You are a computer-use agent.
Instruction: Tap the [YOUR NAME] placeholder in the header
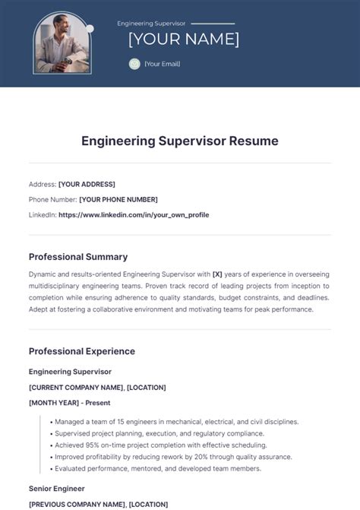coord(183,39)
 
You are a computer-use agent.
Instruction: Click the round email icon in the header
coord(134,64)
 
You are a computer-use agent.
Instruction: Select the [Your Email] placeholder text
coord(162,64)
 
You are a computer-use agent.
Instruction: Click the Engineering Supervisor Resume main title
coord(180,141)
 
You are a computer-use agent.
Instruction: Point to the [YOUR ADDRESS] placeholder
coord(87,184)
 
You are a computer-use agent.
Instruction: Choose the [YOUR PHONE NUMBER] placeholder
coord(118,199)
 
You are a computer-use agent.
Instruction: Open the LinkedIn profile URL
coord(134,214)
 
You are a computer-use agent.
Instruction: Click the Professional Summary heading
coord(78,257)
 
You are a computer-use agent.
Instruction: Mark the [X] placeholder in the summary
coord(217,274)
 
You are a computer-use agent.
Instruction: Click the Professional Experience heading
coord(82,351)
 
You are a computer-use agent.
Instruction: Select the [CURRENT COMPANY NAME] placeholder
coord(75,387)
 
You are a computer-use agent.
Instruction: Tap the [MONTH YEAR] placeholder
coord(57,402)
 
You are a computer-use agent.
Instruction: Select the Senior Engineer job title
coord(57,488)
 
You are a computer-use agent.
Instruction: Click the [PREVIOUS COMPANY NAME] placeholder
coord(77,504)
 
